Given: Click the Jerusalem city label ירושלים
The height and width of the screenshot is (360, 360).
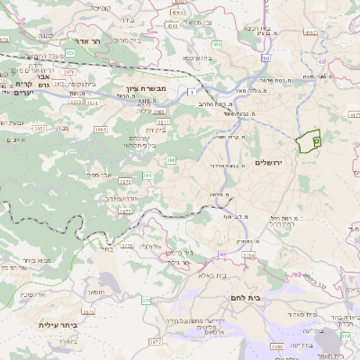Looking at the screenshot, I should click(x=268, y=162).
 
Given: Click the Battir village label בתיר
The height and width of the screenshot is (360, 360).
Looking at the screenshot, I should click(x=106, y=248).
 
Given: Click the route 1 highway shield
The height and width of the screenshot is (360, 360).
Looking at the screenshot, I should click(x=192, y=91).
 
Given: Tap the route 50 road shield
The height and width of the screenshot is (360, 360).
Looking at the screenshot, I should click(x=265, y=58).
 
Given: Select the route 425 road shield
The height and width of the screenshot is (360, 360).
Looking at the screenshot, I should click(x=69, y=52).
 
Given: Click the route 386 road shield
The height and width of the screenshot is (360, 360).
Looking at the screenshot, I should click(x=171, y=160).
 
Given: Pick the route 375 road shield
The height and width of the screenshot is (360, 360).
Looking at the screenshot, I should click(x=146, y=301).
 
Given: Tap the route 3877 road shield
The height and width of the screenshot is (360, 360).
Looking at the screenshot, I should click(x=125, y=210).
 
